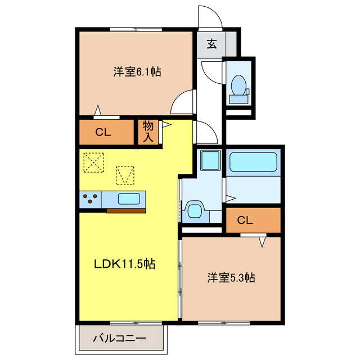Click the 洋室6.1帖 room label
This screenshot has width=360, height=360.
click(x=137, y=72)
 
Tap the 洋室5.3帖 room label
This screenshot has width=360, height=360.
click(x=231, y=277)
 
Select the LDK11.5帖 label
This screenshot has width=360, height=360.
click(x=124, y=264)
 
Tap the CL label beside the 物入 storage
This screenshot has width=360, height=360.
click(x=103, y=133)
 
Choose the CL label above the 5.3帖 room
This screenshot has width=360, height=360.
click(x=245, y=220)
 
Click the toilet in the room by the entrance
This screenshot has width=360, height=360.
click(x=238, y=87)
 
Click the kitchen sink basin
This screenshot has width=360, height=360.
click(x=129, y=199)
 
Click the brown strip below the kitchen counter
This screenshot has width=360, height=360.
click(x=126, y=210)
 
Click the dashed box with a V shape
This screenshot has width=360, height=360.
click(x=125, y=175)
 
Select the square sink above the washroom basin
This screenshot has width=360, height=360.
click(x=209, y=163)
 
